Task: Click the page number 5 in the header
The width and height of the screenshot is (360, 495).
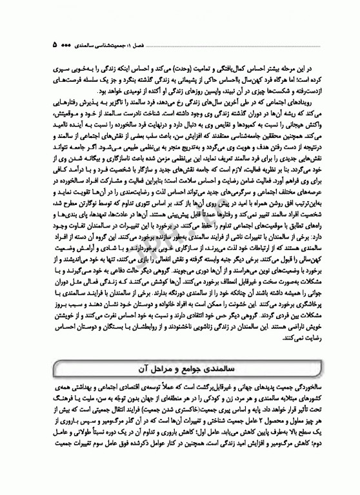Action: point(54,46)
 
